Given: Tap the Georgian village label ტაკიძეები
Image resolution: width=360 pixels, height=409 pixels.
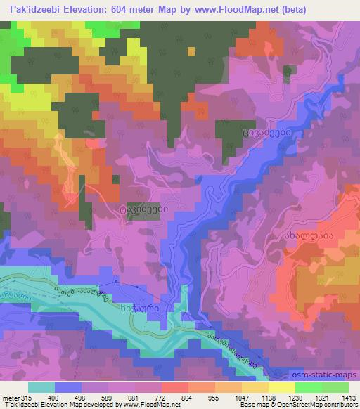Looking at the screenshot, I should click(143, 208).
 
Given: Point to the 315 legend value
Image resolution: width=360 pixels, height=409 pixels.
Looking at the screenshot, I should click(27, 398).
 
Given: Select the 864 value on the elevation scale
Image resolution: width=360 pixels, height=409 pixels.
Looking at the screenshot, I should click(167, 398).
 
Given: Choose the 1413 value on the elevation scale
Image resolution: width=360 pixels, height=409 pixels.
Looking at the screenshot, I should click(345, 398).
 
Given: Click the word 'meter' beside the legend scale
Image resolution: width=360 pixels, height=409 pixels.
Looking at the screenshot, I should click(10, 398).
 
